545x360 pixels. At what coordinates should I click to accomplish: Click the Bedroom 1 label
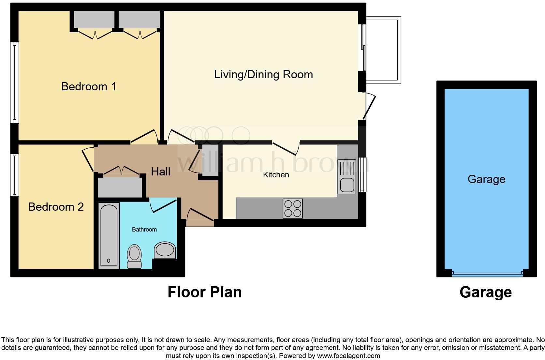coord(88,86)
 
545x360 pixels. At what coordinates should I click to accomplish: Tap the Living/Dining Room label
coord(263,74)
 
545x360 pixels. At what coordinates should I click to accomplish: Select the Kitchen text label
coord(276,175)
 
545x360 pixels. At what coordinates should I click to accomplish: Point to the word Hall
coord(160,172)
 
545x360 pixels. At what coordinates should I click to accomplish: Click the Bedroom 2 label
coord(56,207)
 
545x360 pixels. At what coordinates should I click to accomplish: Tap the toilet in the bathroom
coord(134,256)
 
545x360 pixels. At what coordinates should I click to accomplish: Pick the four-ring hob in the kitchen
coord(293,208)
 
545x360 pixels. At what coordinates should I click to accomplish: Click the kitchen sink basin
coord(347,185)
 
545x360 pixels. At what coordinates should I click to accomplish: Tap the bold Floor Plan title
coord(204,292)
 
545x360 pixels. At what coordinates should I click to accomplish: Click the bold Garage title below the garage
coord(485,292)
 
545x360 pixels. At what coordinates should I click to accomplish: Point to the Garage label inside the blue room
coord(486,179)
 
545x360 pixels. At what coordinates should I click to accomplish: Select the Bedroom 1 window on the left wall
coord(14,82)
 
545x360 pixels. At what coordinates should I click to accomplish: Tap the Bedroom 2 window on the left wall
coord(14,175)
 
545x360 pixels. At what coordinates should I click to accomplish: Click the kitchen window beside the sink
coord(362,174)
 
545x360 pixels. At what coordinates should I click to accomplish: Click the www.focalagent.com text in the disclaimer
coord(348,356)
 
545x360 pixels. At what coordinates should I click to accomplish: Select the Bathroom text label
coord(144,230)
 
